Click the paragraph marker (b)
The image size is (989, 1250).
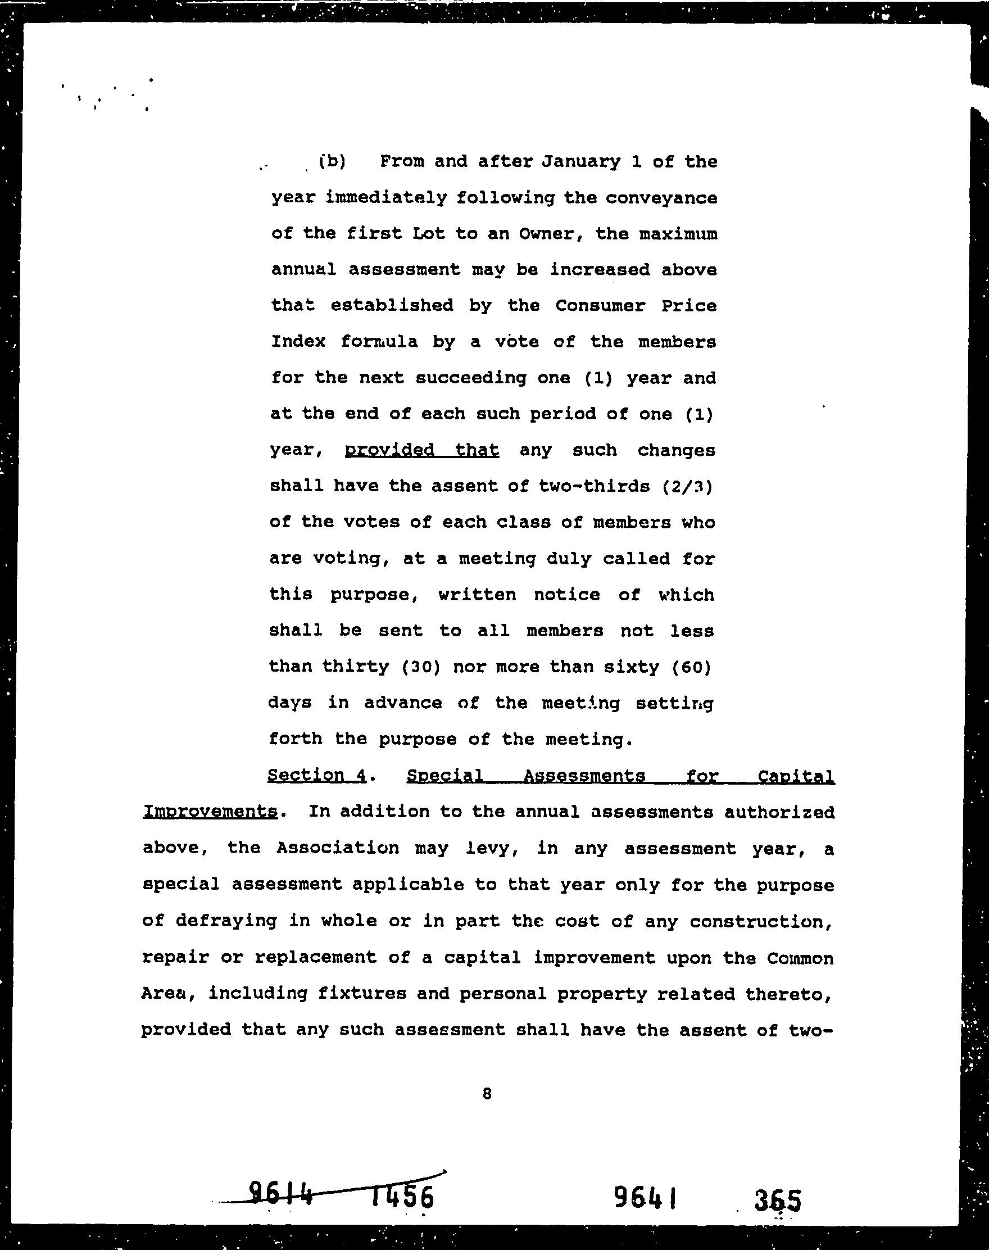point(332,161)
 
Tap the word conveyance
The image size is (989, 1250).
point(663,198)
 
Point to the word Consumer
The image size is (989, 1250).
point(600,306)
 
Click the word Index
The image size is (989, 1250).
point(298,342)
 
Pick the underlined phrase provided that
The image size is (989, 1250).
point(421,450)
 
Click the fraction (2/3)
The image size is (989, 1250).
point(687,486)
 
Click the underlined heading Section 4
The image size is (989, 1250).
point(317,775)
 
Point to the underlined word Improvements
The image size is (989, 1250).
point(210,812)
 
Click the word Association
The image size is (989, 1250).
point(338,848)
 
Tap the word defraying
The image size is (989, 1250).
point(226,921)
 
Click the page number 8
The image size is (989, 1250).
point(487,1093)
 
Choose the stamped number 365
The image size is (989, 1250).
point(777,1199)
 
